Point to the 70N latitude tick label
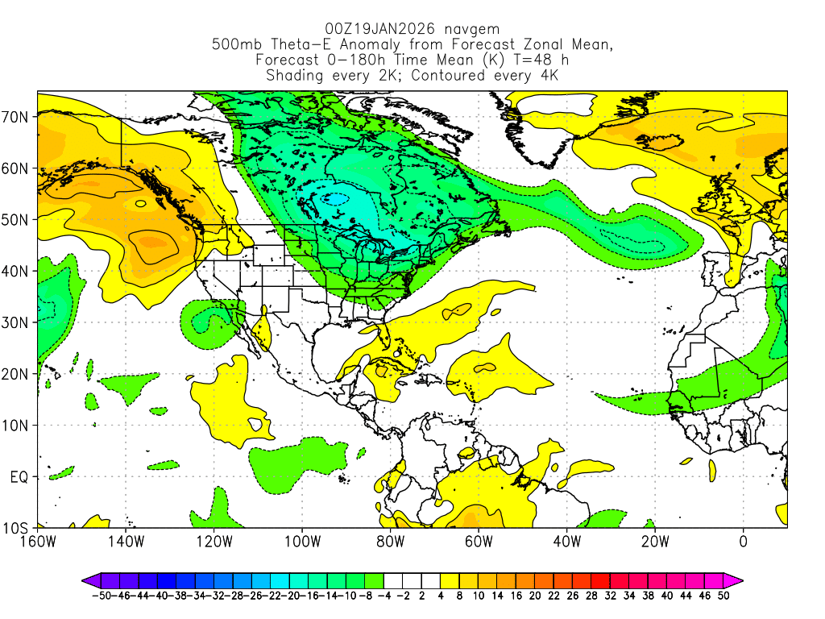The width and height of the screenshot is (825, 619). point(17,117)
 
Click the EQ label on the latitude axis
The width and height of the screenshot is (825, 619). point(19,477)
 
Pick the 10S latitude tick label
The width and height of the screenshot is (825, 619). point(17,529)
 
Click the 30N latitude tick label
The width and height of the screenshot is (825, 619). point(17,322)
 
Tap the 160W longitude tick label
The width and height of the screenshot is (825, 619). point(38,541)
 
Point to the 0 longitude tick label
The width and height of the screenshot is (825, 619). point(743,541)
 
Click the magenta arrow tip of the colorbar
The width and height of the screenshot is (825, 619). point(737,580)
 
